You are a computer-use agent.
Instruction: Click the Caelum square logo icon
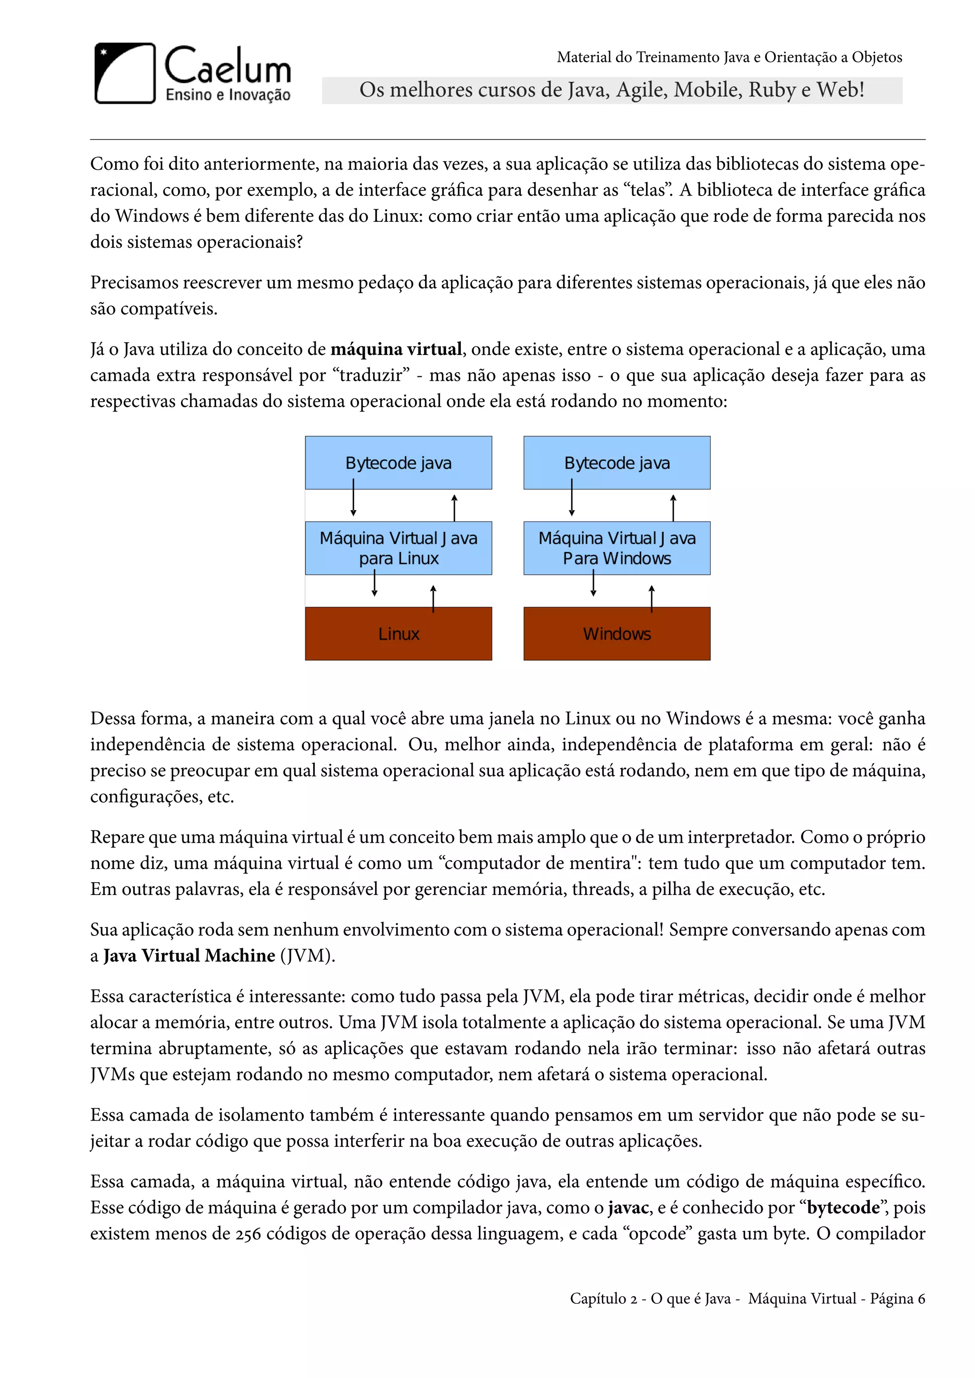tap(125, 73)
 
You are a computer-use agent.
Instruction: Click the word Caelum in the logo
tap(228, 66)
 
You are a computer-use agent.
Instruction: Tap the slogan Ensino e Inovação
tap(228, 95)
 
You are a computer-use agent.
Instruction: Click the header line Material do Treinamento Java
tap(729, 57)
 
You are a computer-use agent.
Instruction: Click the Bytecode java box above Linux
tap(398, 463)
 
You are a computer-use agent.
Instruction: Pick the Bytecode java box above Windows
tap(617, 463)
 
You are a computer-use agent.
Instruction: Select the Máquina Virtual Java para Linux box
tap(398, 548)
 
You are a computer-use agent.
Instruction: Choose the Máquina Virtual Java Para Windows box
tap(617, 548)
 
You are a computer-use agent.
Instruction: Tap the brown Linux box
tap(398, 634)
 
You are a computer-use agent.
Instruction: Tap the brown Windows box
tap(617, 634)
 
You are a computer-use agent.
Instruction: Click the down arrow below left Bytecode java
tap(354, 498)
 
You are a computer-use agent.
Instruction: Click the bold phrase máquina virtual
tap(396, 349)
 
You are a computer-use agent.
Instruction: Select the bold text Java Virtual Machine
tap(189, 955)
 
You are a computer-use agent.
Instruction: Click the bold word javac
tap(628, 1208)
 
